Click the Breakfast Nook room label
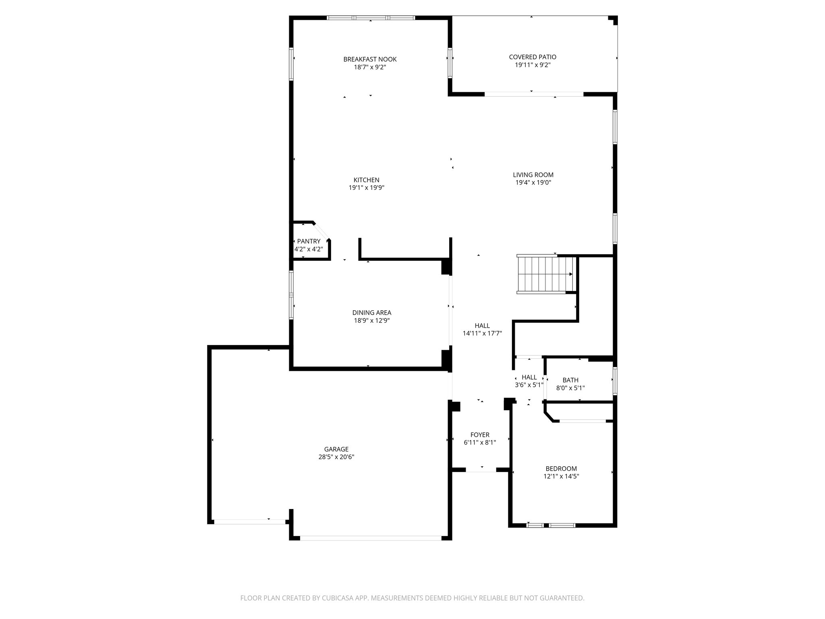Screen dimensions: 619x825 [x=370, y=59]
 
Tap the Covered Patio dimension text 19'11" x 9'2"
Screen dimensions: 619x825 [x=533, y=65]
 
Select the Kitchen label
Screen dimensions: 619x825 [x=366, y=180]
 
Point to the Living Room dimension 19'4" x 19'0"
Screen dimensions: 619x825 [x=533, y=183]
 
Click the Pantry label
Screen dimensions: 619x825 [x=309, y=241]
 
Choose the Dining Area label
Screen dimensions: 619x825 [x=371, y=313]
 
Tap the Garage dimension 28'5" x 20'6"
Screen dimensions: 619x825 [x=336, y=457]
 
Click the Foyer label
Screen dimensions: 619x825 [x=480, y=435]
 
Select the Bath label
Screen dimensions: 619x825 [x=570, y=380]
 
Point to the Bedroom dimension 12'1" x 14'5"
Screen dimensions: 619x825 [x=561, y=476]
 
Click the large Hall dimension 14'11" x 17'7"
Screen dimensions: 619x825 [x=482, y=333]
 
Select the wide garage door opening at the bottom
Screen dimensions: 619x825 [x=371, y=538]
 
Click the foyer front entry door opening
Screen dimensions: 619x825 [x=481, y=470]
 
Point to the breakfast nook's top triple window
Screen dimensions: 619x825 [x=371, y=18]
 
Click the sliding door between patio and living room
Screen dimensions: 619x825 [x=534, y=94]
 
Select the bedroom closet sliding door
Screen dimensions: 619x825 [x=582, y=421]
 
